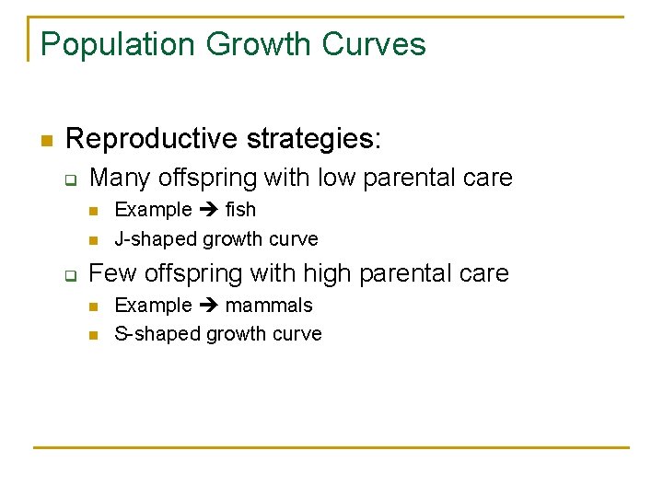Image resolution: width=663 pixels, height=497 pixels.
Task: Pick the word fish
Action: coord(240,210)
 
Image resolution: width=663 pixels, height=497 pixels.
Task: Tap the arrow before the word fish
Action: coord(208,210)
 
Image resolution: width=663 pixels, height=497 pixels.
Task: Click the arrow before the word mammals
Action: coord(208,306)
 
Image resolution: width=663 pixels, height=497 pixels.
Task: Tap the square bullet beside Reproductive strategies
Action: coord(44,141)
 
